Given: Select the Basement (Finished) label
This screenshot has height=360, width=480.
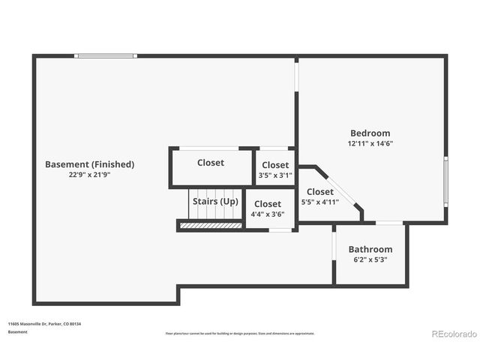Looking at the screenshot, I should tap(89, 164).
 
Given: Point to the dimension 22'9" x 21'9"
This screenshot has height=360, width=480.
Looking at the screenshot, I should tap(89, 174).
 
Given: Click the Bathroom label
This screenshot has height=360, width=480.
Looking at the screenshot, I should tap(370, 250).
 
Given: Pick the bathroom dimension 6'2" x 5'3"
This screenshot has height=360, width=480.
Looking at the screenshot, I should tap(370, 259).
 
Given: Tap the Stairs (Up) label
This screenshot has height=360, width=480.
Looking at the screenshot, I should tap(215, 202).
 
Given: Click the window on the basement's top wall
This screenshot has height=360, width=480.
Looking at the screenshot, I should tap(106, 55).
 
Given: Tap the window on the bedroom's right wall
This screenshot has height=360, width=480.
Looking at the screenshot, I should tap(445, 183).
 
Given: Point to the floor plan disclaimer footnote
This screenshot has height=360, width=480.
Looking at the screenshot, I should tap(239, 333).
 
